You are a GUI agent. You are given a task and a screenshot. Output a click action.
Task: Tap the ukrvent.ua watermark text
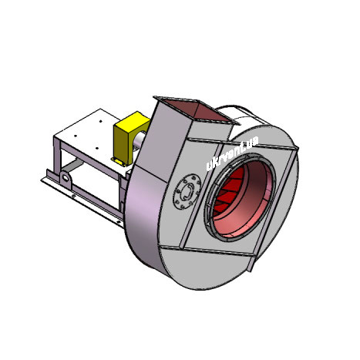tap(232, 153)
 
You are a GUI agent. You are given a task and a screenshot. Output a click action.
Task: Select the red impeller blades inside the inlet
tap(227, 191)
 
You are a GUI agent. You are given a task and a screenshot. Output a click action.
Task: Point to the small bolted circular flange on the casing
tap(187, 191)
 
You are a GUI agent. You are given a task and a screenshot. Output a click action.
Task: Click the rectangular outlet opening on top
tap(204, 109)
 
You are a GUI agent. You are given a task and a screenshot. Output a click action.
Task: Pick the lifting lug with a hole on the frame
tap(66, 177)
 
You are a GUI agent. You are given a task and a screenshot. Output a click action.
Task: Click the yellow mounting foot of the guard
tap(119, 162)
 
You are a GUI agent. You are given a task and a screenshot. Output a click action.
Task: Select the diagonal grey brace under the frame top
tap(72, 165)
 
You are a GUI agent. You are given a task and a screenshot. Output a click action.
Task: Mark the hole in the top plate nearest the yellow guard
tap(101, 121)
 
